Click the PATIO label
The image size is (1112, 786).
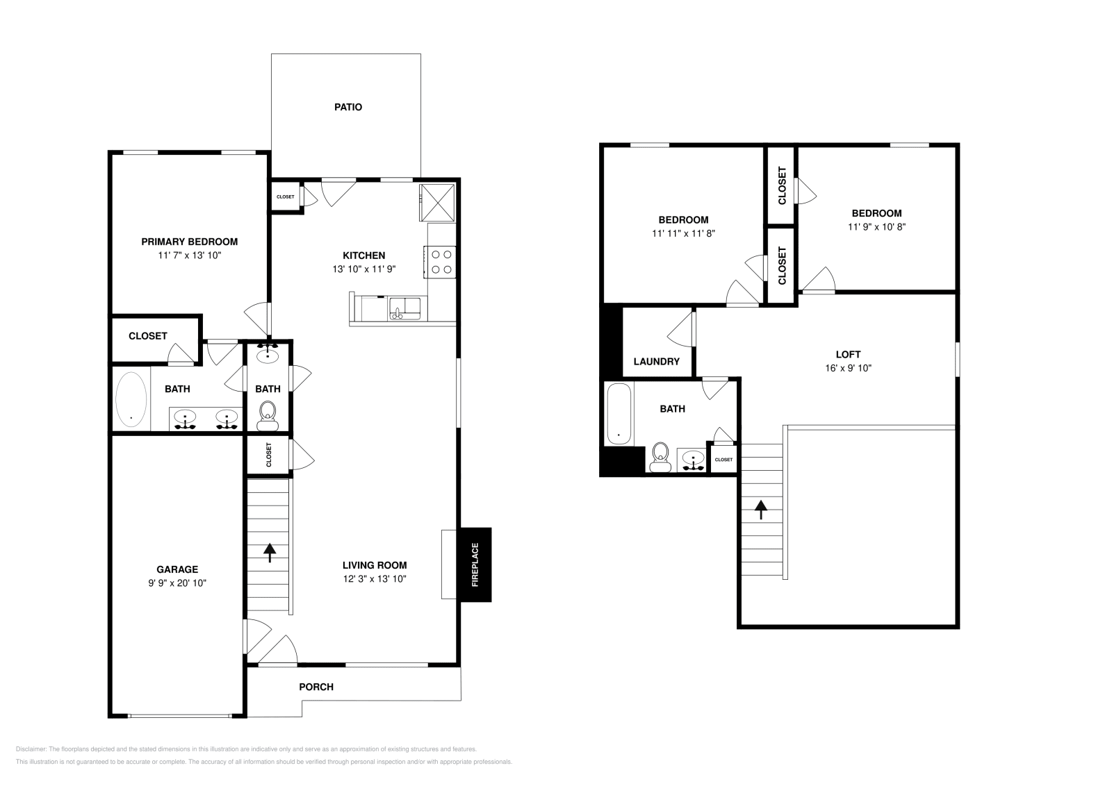348,107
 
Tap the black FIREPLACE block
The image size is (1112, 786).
475,564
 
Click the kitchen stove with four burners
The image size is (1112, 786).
441,262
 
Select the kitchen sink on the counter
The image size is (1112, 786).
402,307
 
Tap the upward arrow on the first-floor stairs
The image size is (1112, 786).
269,552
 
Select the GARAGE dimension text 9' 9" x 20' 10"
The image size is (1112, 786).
177,583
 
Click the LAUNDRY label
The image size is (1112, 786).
656,361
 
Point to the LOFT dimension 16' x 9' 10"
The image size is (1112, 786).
848,368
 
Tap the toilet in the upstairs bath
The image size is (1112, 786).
660,455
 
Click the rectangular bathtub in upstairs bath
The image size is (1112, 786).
619,415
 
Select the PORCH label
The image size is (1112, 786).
316,687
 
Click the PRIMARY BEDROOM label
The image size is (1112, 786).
189,242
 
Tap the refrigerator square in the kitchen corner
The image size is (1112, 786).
438,201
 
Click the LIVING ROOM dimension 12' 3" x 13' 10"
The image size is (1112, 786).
375,578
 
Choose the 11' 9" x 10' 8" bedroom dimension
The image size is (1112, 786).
876,226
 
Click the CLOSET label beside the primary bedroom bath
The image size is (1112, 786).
148,335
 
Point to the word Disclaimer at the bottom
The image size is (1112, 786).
30,749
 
